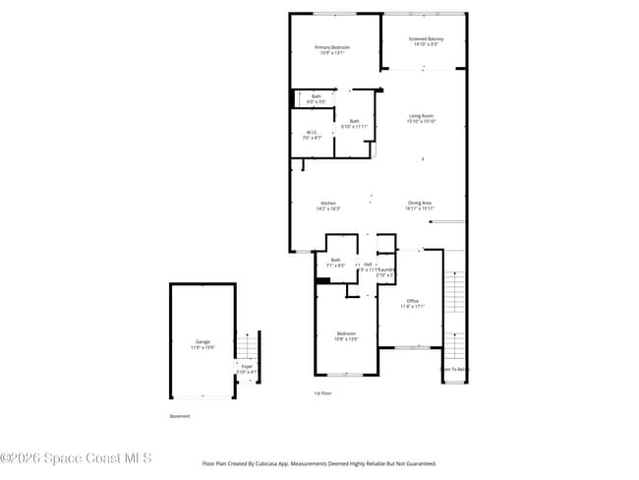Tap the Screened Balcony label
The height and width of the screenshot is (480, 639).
click(426, 40)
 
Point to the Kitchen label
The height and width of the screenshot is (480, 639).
click(328, 206)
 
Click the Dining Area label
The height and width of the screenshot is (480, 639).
click(420, 205)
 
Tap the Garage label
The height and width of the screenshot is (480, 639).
click(202, 344)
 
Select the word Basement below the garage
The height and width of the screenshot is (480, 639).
click(180, 416)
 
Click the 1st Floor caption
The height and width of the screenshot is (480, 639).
click(321, 392)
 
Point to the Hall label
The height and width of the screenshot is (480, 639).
click(367, 265)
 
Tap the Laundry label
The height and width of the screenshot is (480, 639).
click(385, 271)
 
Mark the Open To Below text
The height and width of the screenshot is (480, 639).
click(454, 369)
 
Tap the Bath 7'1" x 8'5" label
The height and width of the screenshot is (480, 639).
click(336, 262)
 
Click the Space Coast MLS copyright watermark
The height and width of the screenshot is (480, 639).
click(76, 458)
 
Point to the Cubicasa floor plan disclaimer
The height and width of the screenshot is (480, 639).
click(319, 463)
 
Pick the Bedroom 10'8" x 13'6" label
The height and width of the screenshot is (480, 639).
click(346, 335)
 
